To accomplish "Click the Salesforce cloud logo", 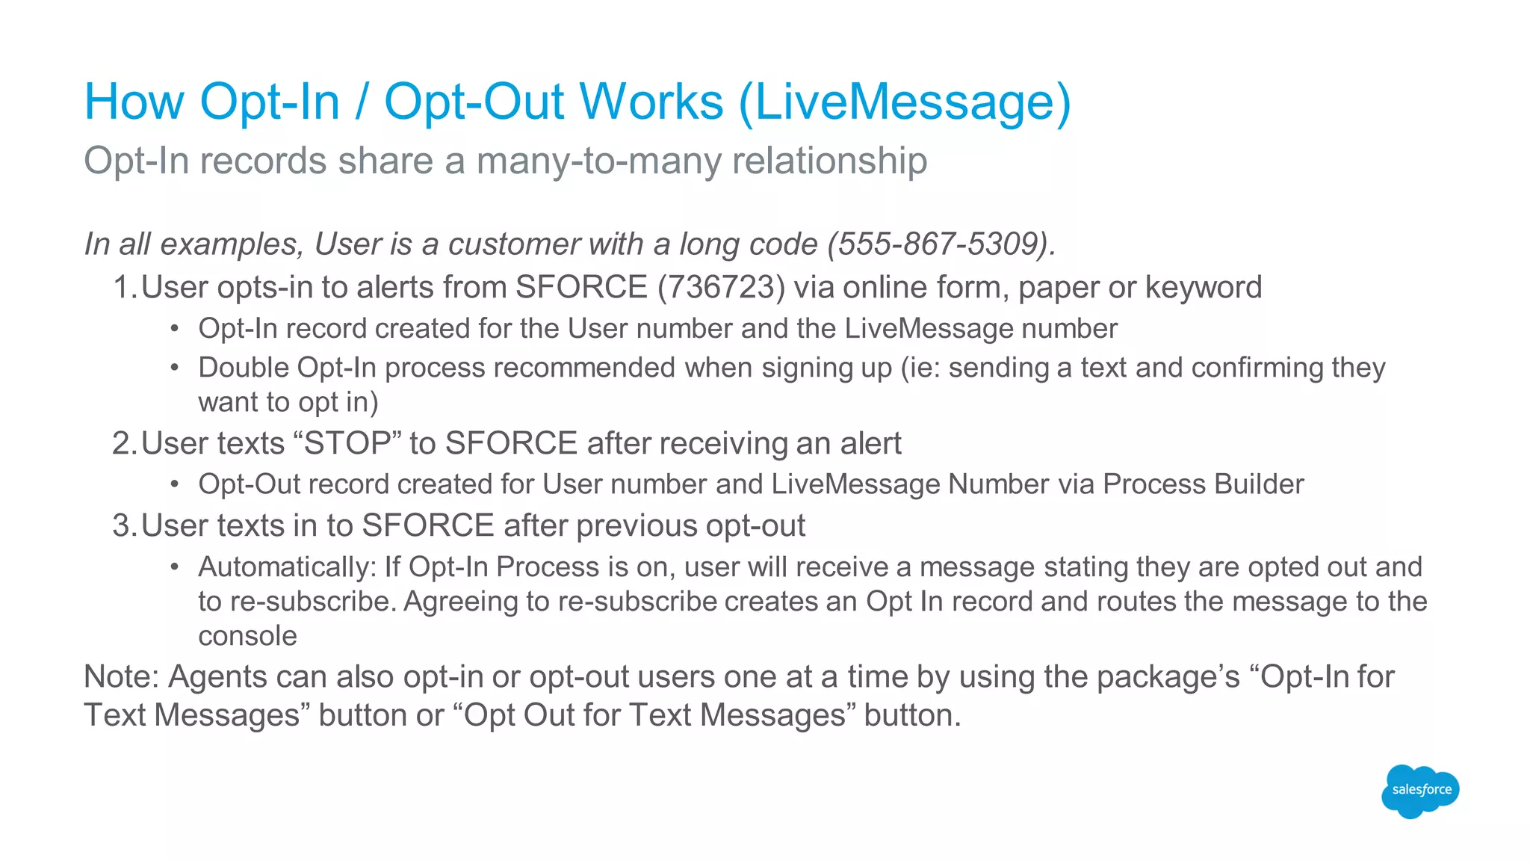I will point(1420,791).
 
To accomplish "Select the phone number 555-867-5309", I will point(939,244).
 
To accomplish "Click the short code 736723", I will point(721,288).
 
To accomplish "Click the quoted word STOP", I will point(348,444).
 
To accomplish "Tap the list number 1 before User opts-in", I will point(123,288).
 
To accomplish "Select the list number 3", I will point(123,526).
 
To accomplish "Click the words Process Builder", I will point(1203,484).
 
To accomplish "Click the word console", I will point(247,636).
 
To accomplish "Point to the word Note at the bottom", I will point(120,677).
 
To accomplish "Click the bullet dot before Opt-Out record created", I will point(174,485).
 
